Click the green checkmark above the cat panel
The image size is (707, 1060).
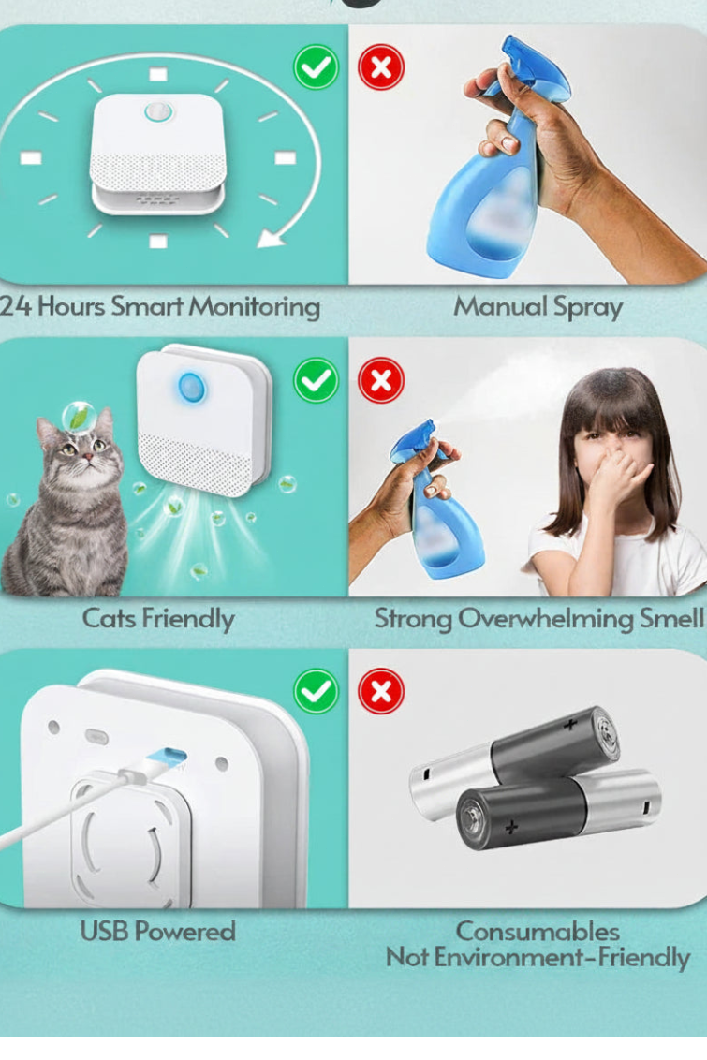tap(316, 380)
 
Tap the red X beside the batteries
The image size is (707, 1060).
tap(381, 692)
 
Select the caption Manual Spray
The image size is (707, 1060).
tap(538, 307)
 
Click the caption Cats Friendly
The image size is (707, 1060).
tap(158, 619)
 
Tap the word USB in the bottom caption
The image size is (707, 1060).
tap(104, 932)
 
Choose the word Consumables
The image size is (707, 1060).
tap(538, 932)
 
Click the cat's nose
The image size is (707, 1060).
tap(85, 456)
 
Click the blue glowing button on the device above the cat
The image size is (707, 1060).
tap(192, 388)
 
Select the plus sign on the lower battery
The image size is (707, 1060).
tap(511, 827)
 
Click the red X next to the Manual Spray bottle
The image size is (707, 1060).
tap(381, 67)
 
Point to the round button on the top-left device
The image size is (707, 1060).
tap(159, 111)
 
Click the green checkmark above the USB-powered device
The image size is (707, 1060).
tap(316, 692)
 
